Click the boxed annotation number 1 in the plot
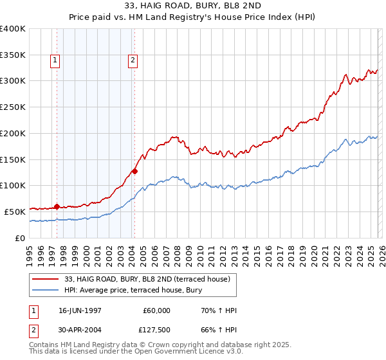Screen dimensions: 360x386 point(55,61)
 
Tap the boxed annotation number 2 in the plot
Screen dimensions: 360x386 point(133,61)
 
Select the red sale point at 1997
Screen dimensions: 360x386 point(57,206)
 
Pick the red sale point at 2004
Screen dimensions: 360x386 point(134,171)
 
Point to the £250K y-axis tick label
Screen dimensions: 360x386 point(13,107)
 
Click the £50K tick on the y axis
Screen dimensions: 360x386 point(15,212)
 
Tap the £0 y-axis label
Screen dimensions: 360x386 point(21,238)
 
